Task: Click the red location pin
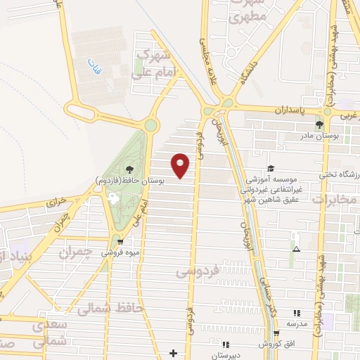tap(181, 165)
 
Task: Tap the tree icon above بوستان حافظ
tap(129, 169)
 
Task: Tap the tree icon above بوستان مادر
tap(319, 124)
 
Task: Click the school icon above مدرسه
tap(296, 312)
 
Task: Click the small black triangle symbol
tap(296, 249)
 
